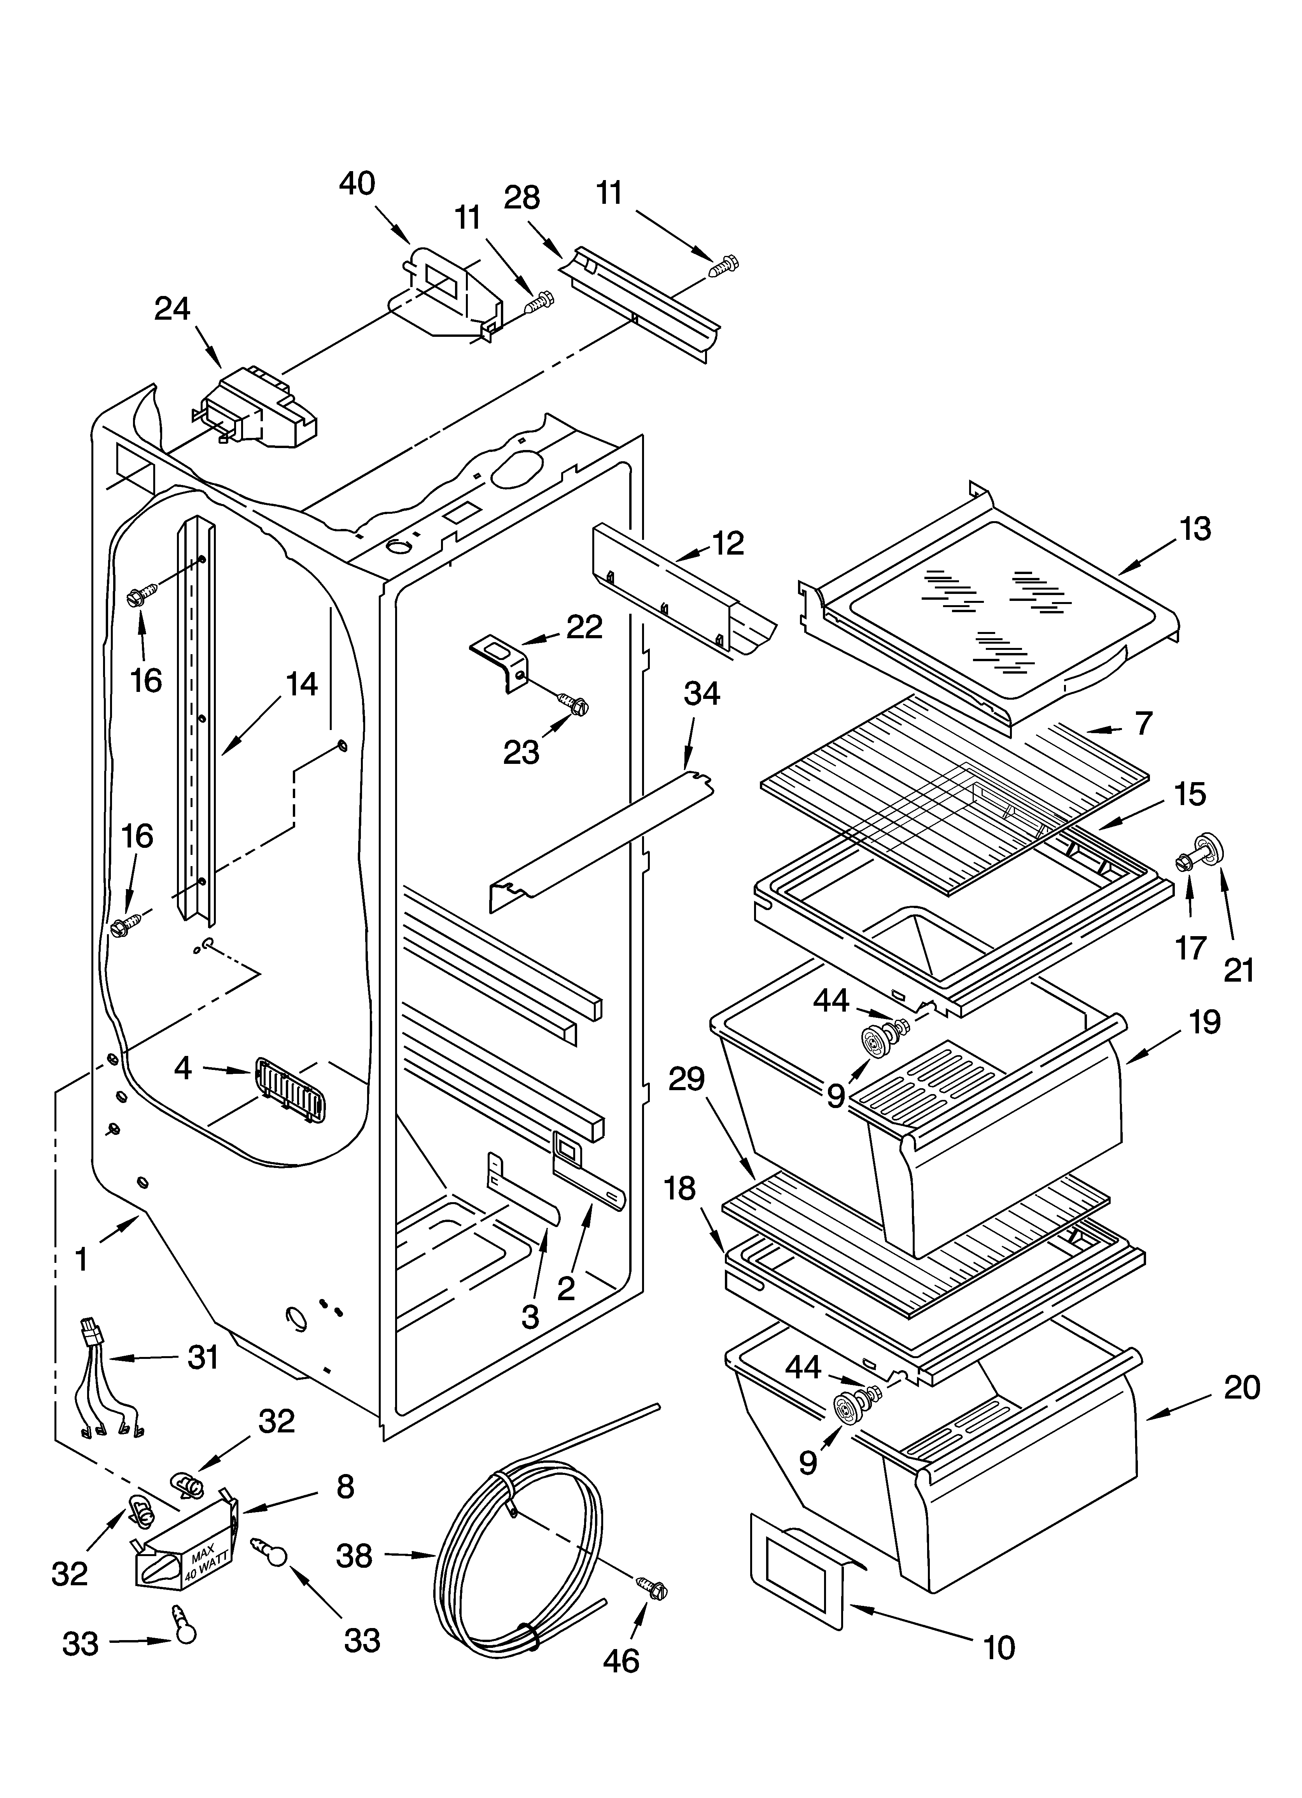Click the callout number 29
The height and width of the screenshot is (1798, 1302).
[687, 1079]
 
